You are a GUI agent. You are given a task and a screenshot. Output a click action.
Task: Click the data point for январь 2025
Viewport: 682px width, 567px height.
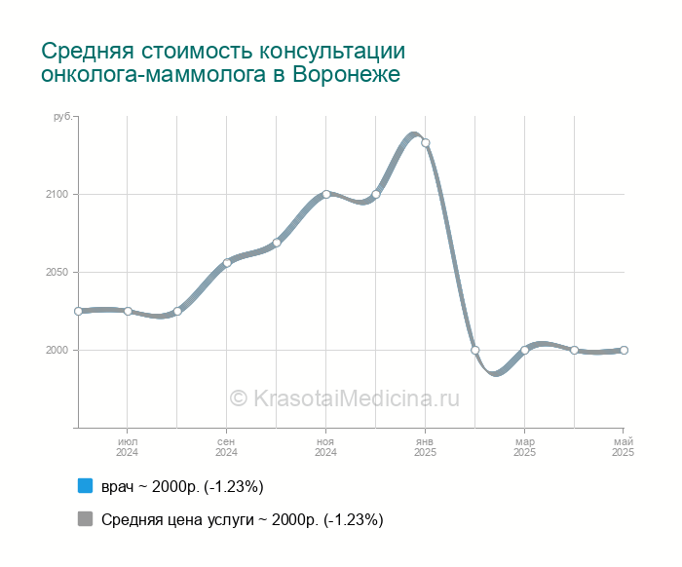coord(426,143)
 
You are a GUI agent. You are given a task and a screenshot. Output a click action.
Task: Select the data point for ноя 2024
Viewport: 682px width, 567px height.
coord(326,194)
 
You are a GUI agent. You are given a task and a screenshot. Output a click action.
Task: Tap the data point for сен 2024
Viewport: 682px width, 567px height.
coord(227,263)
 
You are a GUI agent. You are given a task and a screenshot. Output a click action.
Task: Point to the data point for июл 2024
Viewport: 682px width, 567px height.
coord(128,311)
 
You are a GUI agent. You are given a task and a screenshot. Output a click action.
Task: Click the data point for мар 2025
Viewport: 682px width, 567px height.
coord(525,350)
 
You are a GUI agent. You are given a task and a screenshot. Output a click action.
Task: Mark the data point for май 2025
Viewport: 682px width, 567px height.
coord(624,350)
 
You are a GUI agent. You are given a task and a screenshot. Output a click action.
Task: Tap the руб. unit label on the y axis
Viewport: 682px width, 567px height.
coord(61,117)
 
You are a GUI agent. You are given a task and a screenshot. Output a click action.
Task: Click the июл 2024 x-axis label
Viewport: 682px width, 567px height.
coord(128,447)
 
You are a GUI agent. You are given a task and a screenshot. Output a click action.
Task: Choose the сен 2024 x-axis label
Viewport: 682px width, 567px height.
coord(227,447)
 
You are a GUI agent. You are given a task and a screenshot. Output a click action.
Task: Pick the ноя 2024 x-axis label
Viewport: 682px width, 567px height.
coord(326,447)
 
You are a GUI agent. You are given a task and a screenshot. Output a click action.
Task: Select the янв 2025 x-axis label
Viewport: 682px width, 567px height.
coord(426,447)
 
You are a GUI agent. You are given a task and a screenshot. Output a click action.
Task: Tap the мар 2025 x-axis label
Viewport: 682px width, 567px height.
coord(525,447)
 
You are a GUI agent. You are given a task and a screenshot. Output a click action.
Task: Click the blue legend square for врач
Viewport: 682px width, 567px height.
coord(85,486)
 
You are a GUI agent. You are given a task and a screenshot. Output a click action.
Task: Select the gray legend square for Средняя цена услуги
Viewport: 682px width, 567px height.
coord(85,519)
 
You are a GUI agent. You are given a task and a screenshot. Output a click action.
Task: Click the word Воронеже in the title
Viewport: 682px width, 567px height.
coord(347,74)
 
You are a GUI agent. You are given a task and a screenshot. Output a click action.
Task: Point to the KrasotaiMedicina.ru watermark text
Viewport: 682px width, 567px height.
coord(344,397)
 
